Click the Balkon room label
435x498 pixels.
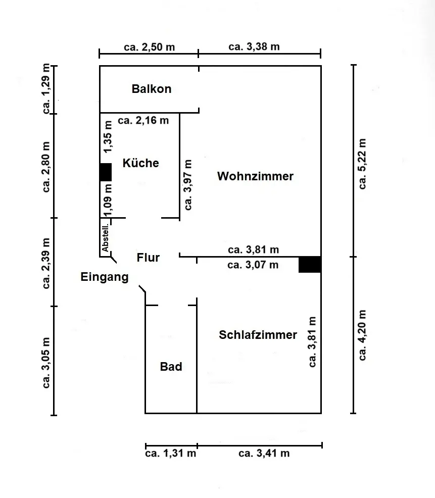[152, 89]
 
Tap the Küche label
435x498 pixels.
[141, 163]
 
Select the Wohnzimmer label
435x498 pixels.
[256, 176]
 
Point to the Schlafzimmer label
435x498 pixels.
[258, 335]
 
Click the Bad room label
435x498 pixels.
[171, 367]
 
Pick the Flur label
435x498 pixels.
[148, 257]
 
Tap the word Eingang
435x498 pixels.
[105, 277]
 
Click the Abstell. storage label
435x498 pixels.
[105, 237]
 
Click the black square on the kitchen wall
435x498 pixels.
[106, 172]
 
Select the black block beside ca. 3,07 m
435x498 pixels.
[310, 265]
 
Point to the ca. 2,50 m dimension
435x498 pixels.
[150, 47]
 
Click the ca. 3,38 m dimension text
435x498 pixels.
[254, 46]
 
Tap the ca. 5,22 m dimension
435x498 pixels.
[363, 164]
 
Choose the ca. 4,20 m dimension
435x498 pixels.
[363, 335]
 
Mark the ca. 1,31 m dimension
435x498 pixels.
[171, 453]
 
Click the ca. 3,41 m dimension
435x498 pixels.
[264, 453]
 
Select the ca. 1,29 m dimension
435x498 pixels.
[46, 89]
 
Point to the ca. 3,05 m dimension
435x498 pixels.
[46, 363]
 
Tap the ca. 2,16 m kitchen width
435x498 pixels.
[143, 120]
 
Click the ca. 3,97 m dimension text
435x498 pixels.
[188, 185]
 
